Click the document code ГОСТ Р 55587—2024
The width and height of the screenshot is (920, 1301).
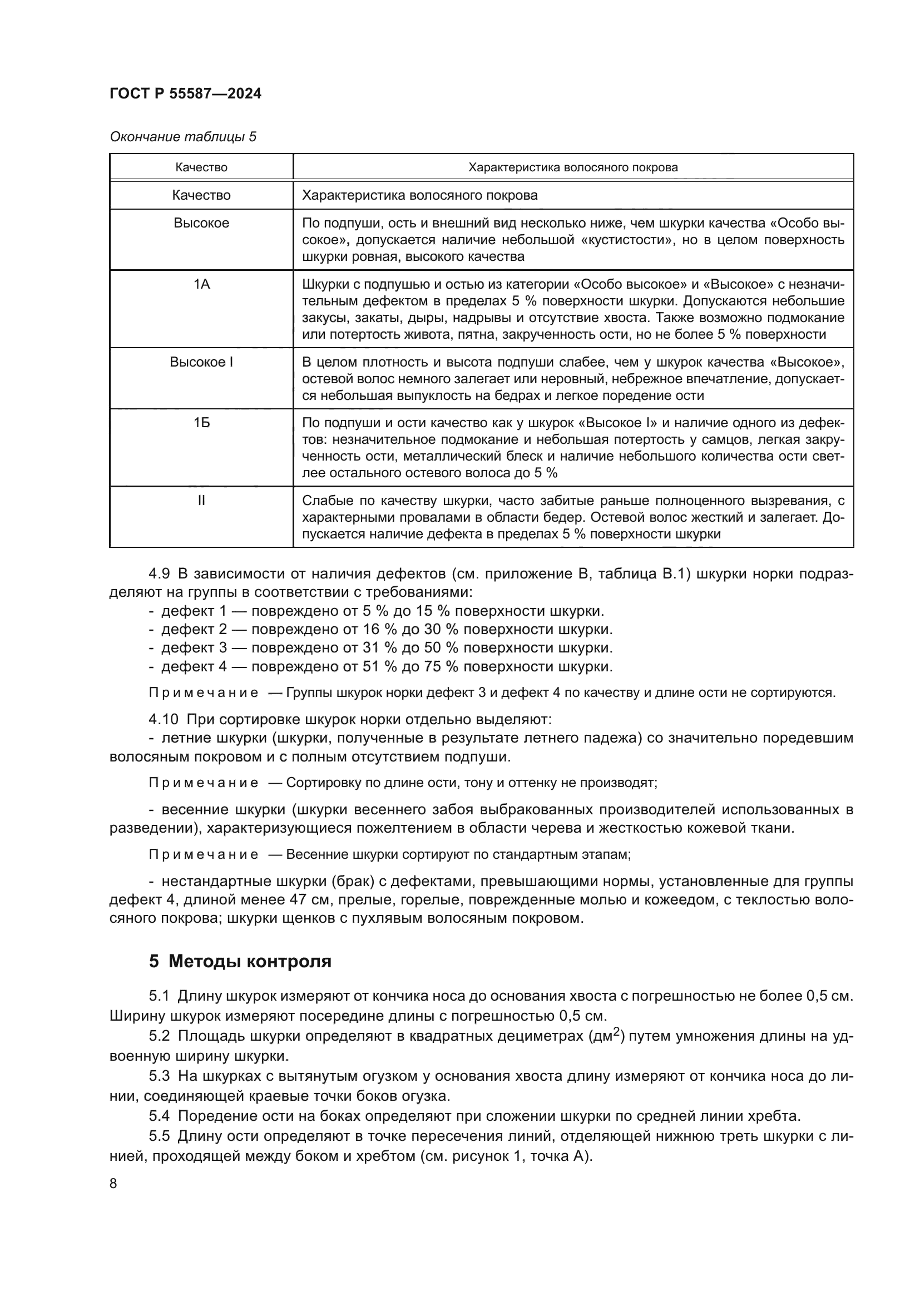[185, 93]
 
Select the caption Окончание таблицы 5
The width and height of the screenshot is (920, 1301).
[182, 137]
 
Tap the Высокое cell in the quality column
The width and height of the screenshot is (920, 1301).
[201, 222]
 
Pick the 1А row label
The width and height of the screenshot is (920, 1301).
[201, 284]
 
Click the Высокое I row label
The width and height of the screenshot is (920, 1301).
[201, 362]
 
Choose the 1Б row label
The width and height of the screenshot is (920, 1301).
[201, 423]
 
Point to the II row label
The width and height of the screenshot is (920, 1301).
[201, 501]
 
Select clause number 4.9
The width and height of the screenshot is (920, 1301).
[159, 573]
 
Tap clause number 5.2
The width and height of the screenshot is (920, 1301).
[159, 1036]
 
